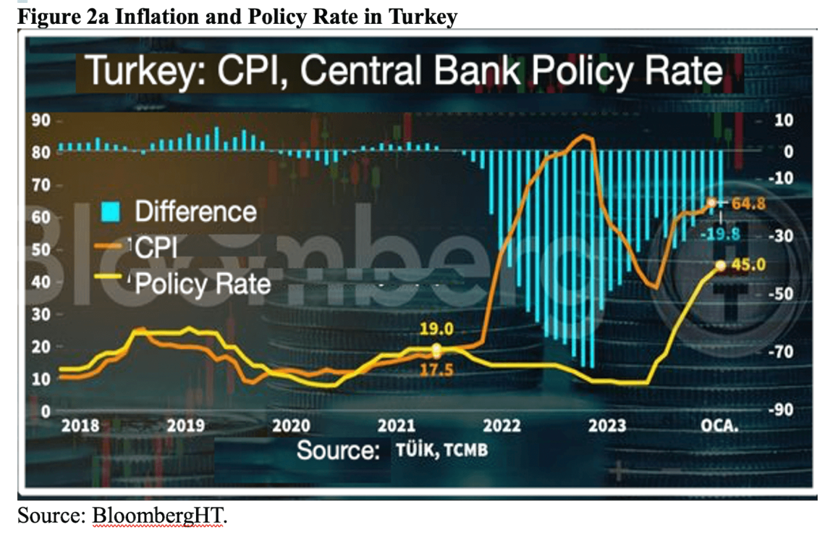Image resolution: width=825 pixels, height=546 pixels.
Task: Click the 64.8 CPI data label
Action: click(748, 204)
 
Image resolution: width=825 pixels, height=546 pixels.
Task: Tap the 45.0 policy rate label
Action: click(748, 266)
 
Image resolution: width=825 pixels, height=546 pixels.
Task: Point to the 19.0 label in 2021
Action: click(436, 330)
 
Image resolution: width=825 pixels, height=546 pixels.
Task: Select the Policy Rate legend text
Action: click(203, 283)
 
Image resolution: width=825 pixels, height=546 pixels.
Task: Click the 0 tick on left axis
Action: click(44, 411)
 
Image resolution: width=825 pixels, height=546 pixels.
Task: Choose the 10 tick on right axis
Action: click(784, 120)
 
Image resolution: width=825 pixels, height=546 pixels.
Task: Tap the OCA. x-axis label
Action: click(719, 426)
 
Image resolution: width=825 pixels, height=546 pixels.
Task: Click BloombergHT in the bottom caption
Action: click(158, 517)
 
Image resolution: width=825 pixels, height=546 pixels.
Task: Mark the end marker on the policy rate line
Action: click(720, 266)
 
